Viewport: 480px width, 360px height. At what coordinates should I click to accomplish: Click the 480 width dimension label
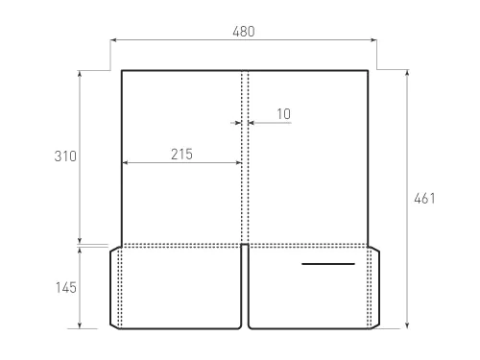coord(244,31)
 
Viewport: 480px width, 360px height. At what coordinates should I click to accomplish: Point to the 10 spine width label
coord(282,113)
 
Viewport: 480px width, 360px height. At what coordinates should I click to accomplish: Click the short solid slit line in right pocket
coord(327,263)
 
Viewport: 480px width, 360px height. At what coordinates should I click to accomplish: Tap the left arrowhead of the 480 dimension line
coord(114,41)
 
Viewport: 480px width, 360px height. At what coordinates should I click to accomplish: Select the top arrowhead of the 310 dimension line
coord(81,73)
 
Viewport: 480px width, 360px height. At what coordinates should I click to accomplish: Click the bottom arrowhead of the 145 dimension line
coord(81,325)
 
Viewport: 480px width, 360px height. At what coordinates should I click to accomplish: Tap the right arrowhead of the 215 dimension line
coord(240,163)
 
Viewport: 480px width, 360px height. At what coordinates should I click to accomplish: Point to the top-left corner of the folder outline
coord(121,70)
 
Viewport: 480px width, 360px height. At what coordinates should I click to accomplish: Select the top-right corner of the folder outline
coord(369,70)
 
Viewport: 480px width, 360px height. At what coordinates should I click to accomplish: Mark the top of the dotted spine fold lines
coord(245,72)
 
